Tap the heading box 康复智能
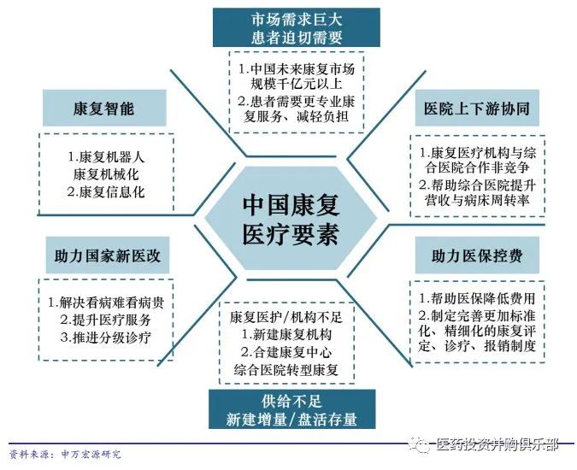click(x=104, y=109)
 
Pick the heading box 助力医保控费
click(x=476, y=256)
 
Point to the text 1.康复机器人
click(x=106, y=157)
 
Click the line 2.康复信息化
click(x=106, y=191)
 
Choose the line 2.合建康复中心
click(x=286, y=352)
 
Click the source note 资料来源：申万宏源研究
click(x=65, y=454)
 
